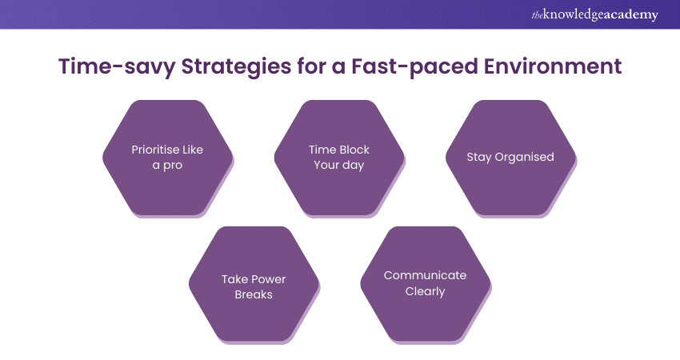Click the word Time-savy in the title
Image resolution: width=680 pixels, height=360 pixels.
coord(117,66)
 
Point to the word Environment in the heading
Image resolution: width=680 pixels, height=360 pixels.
coord(553,66)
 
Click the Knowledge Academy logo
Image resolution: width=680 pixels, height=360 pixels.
coord(594,14)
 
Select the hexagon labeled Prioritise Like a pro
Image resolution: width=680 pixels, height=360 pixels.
coord(168,158)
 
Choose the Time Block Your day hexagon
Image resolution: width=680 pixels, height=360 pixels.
coord(339,158)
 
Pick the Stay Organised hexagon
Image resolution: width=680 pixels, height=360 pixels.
coord(510,158)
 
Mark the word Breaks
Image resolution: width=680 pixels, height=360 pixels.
coord(254,294)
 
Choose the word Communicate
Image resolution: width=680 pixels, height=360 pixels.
coord(425,275)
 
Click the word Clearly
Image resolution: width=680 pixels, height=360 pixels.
coord(425,291)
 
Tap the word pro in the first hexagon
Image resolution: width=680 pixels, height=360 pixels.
coord(173,166)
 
